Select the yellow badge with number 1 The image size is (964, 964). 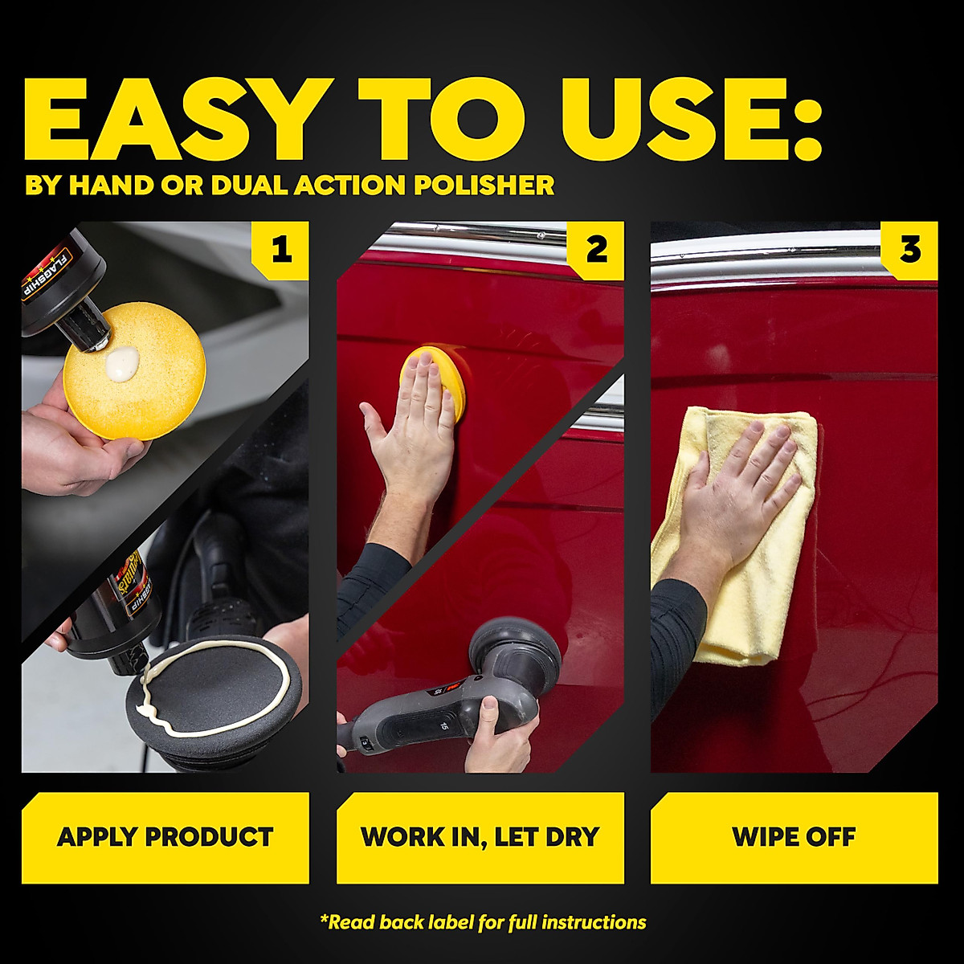[280, 251]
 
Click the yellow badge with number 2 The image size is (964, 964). [595, 251]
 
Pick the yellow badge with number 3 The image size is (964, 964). [909, 251]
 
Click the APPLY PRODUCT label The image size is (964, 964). [165, 837]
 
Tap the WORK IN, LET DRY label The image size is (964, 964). [480, 837]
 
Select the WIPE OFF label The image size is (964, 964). [794, 837]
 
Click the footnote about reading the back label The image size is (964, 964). [482, 922]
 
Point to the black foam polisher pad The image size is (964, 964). [217, 699]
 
